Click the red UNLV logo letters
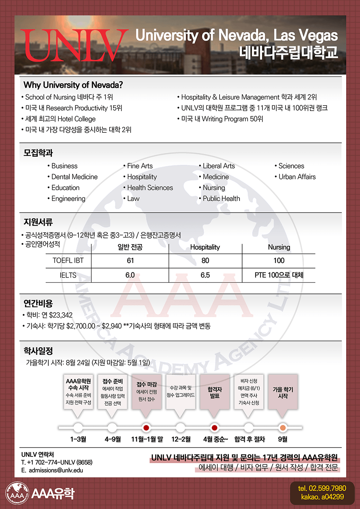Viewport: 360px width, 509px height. [74, 45]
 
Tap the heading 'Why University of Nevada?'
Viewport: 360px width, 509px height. [73, 85]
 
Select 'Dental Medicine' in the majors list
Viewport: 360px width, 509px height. [74, 177]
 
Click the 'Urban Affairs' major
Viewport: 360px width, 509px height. [297, 177]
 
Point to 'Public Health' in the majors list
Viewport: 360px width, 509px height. [221, 198]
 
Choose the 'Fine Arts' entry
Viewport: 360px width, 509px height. [140, 166]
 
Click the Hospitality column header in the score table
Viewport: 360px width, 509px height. [205, 247]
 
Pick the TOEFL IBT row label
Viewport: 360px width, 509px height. [68, 260]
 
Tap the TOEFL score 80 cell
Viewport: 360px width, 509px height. [205, 260]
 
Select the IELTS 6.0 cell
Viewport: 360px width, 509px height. [130, 275]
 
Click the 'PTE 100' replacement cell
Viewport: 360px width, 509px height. [279, 275]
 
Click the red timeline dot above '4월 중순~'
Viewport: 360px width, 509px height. [214, 428]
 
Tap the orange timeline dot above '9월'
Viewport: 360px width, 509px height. [283, 428]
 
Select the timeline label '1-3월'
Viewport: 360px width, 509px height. [78, 439]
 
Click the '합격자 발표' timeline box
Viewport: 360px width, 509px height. [214, 392]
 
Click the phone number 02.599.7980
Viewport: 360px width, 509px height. [322, 488]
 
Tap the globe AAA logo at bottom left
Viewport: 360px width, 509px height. [17, 493]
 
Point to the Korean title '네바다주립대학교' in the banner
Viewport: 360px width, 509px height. [289, 52]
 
